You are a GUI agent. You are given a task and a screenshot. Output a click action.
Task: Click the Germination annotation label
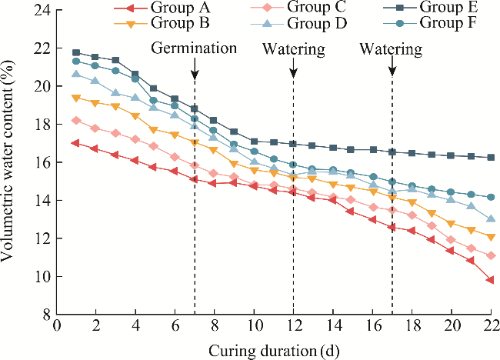tap(194, 48)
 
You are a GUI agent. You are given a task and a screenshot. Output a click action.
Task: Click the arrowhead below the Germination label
tap(195, 75)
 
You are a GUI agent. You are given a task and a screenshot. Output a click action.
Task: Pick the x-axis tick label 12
tap(293, 327)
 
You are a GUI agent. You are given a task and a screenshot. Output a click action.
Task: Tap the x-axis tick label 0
tap(56, 327)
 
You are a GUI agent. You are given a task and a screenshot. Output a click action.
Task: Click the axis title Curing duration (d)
tap(274, 349)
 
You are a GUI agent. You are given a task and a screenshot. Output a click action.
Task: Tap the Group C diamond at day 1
tap(76, 120)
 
